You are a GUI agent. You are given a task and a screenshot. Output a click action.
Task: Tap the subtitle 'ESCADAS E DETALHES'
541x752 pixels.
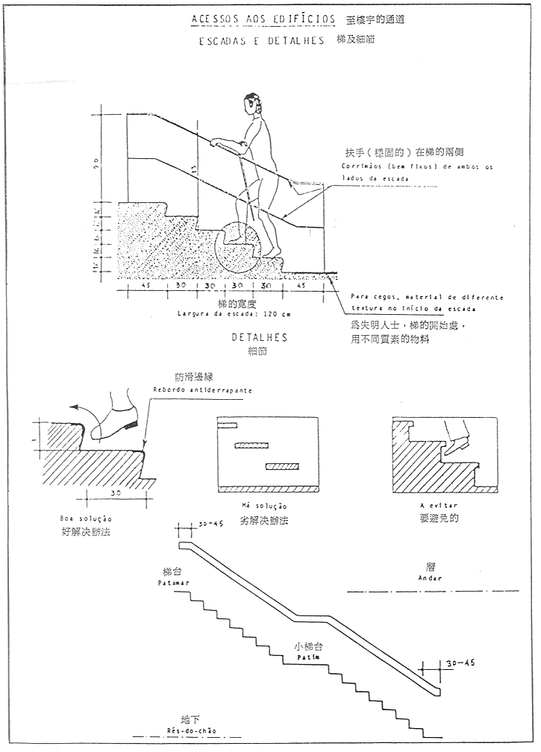261,42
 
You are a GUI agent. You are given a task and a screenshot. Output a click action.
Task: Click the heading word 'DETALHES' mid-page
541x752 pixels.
260,338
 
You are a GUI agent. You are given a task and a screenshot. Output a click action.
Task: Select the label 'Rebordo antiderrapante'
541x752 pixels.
203,390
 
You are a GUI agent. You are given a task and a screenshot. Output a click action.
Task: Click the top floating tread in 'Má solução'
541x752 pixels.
226,425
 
